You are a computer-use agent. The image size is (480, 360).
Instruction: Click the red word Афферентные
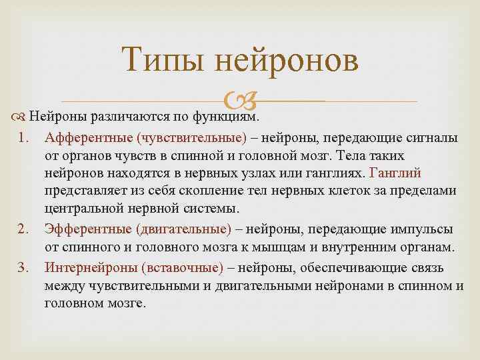click(89, 138)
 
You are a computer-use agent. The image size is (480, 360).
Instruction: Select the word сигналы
click(434, 138)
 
